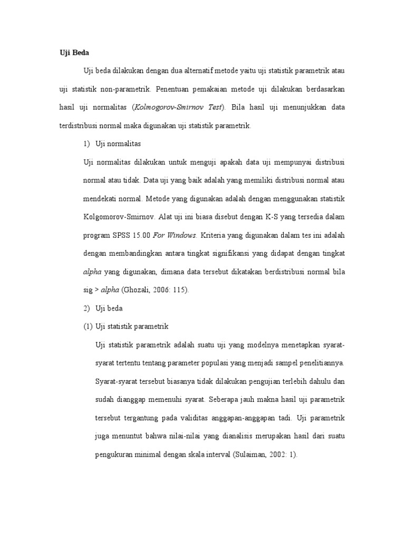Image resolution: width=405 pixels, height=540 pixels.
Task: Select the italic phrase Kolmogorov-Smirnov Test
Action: [178, 107]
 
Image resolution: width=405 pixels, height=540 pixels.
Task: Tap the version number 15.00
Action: [142, 235]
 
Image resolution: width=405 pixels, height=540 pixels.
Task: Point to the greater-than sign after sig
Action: [95, 290]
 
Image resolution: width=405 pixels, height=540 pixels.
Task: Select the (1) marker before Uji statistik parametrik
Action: [88, 326]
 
